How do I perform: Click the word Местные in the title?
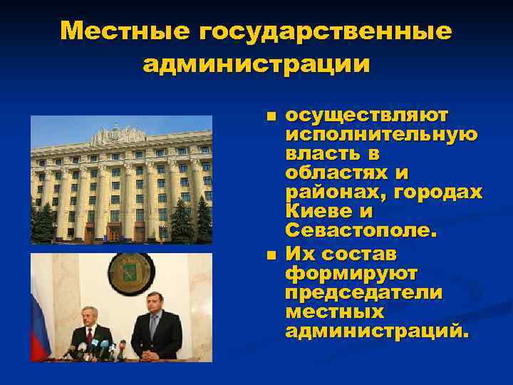[x=125, y=31]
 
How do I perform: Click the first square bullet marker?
[x=269, y=115]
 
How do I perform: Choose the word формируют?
[x=351, y=274]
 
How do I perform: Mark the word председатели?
[x=363, y=293]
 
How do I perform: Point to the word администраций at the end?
[x=377, y=332]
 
